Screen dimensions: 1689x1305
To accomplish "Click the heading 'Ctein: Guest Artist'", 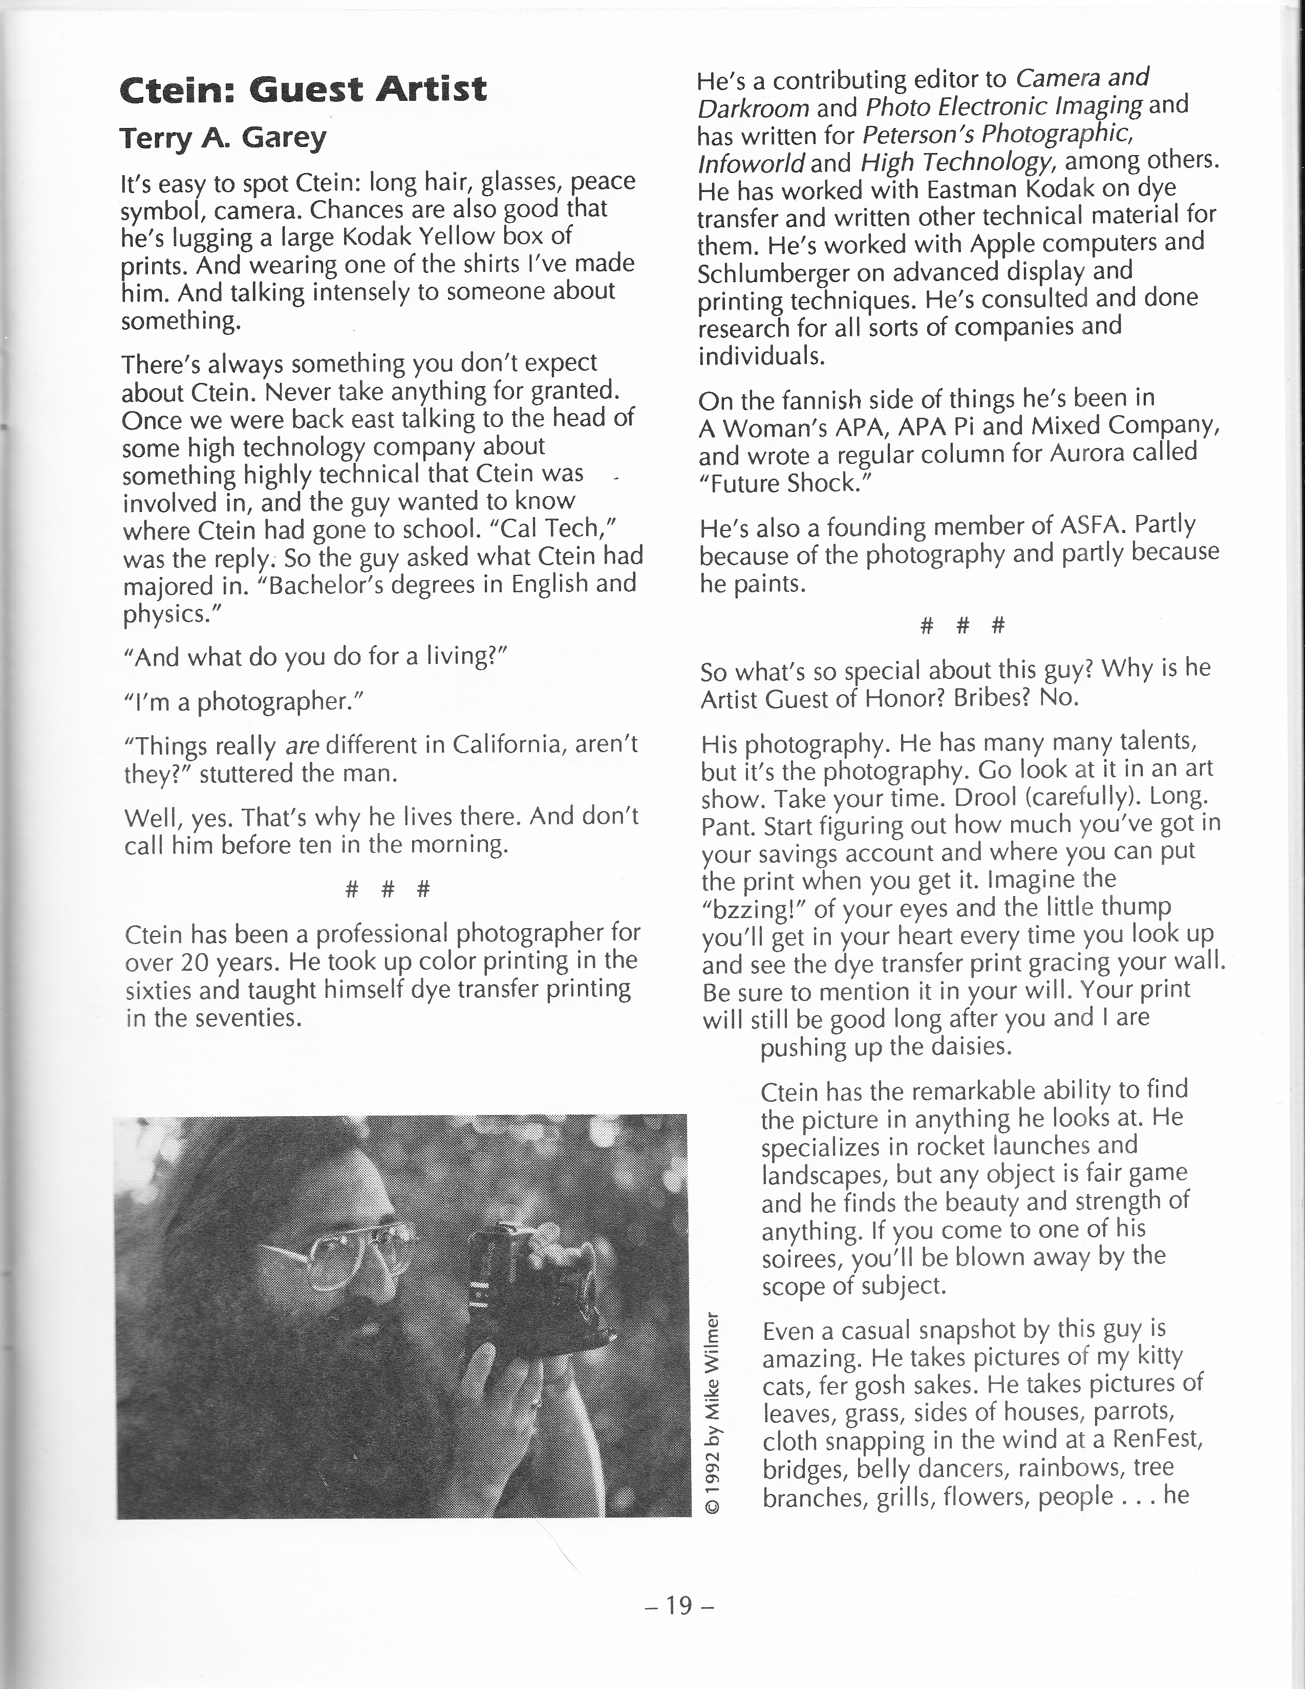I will (303, 90).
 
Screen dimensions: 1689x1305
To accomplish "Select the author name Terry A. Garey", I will (223, 138).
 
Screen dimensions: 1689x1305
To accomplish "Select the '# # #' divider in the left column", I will (387, 889).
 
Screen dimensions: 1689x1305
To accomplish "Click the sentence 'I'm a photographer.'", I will (244, 701).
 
